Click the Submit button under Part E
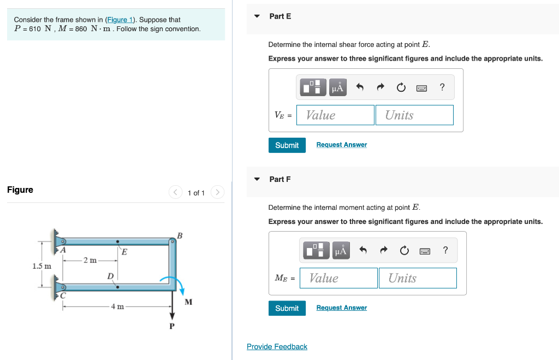[x=287, y=145]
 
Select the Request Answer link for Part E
[x=341, y=145]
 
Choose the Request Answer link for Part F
[x=341, y=308]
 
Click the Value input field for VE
[x=335, y=115]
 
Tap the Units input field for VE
[x=414, y=115]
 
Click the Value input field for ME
[x=338, y=278]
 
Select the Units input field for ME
[x=417, y=278]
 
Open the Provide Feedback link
[x=277, y=347]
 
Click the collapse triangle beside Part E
[x=257, y=16]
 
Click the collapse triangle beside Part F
[x=257, y=179]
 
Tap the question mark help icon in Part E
[x=442, y=87]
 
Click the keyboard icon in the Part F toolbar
[x=425, y=251]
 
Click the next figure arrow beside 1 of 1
[x=217, y=192]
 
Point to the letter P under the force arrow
[x=172, y=326]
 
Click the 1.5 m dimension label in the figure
[x=41, y=267]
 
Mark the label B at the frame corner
[x=180, y=236]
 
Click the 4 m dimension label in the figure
[x=117, y=306]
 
